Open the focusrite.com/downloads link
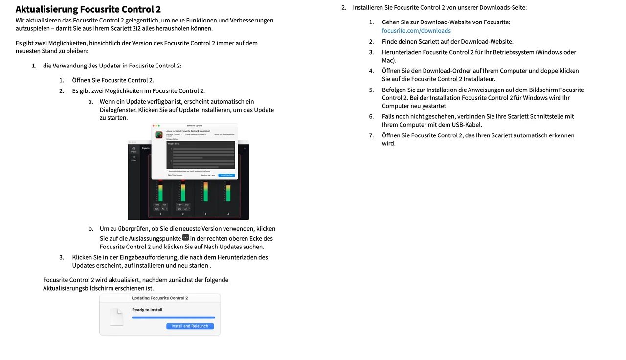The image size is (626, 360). (416, 31)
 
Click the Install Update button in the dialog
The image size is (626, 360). (227, 175)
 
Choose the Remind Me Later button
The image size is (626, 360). (208, 175)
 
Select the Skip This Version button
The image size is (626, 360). (175, 175)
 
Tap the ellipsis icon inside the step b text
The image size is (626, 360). (185, 238)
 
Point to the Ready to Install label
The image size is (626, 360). (147, 310)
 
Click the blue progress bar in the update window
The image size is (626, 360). (173, 318)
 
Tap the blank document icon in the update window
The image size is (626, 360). (116, 317)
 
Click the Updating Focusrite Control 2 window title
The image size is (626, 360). (160, 298)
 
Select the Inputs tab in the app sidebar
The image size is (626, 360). (134, 149)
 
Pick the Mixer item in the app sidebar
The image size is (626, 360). (134, 158)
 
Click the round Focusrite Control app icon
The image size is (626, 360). (159, 135)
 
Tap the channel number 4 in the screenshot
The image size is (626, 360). (228, 214)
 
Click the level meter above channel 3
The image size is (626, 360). (205, 192)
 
